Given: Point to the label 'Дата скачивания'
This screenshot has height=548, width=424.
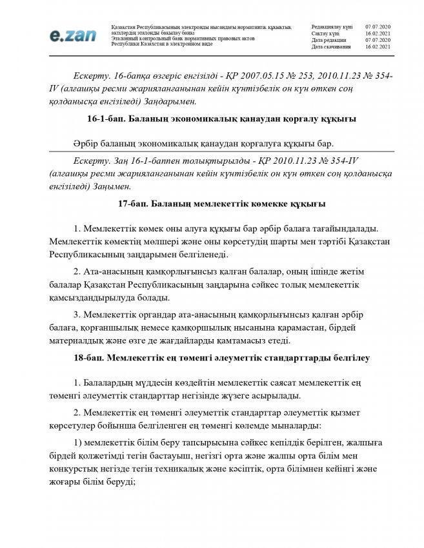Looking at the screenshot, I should tap(331, 47).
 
